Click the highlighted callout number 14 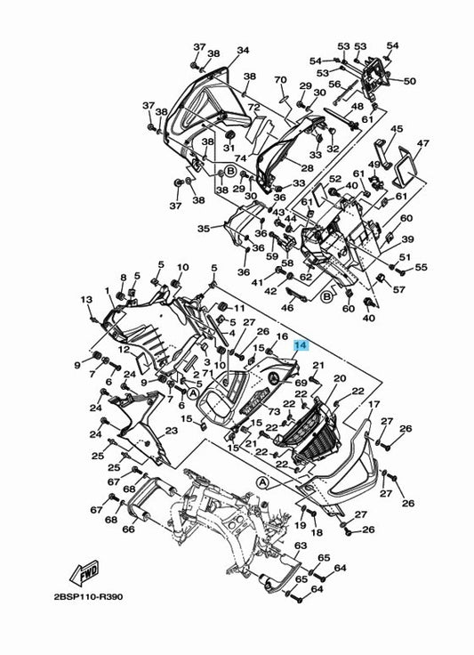coord(301,345)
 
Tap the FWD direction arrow coord(84,572)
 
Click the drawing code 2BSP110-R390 coord(88,596)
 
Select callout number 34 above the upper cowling coord(243,50)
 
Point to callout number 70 coord(280,79)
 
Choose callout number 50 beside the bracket coord(410,80)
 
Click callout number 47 coord(422,143)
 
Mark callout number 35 coord(204,229)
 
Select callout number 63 coord(301,546)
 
